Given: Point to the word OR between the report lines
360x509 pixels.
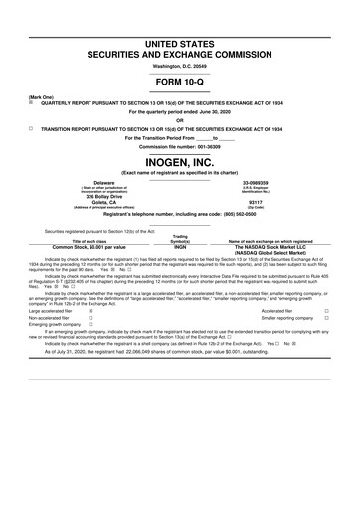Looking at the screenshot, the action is pyautogui.click(x=180, y=120).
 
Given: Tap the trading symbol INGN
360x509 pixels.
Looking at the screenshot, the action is pyautogui.click(x=180, y=246).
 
